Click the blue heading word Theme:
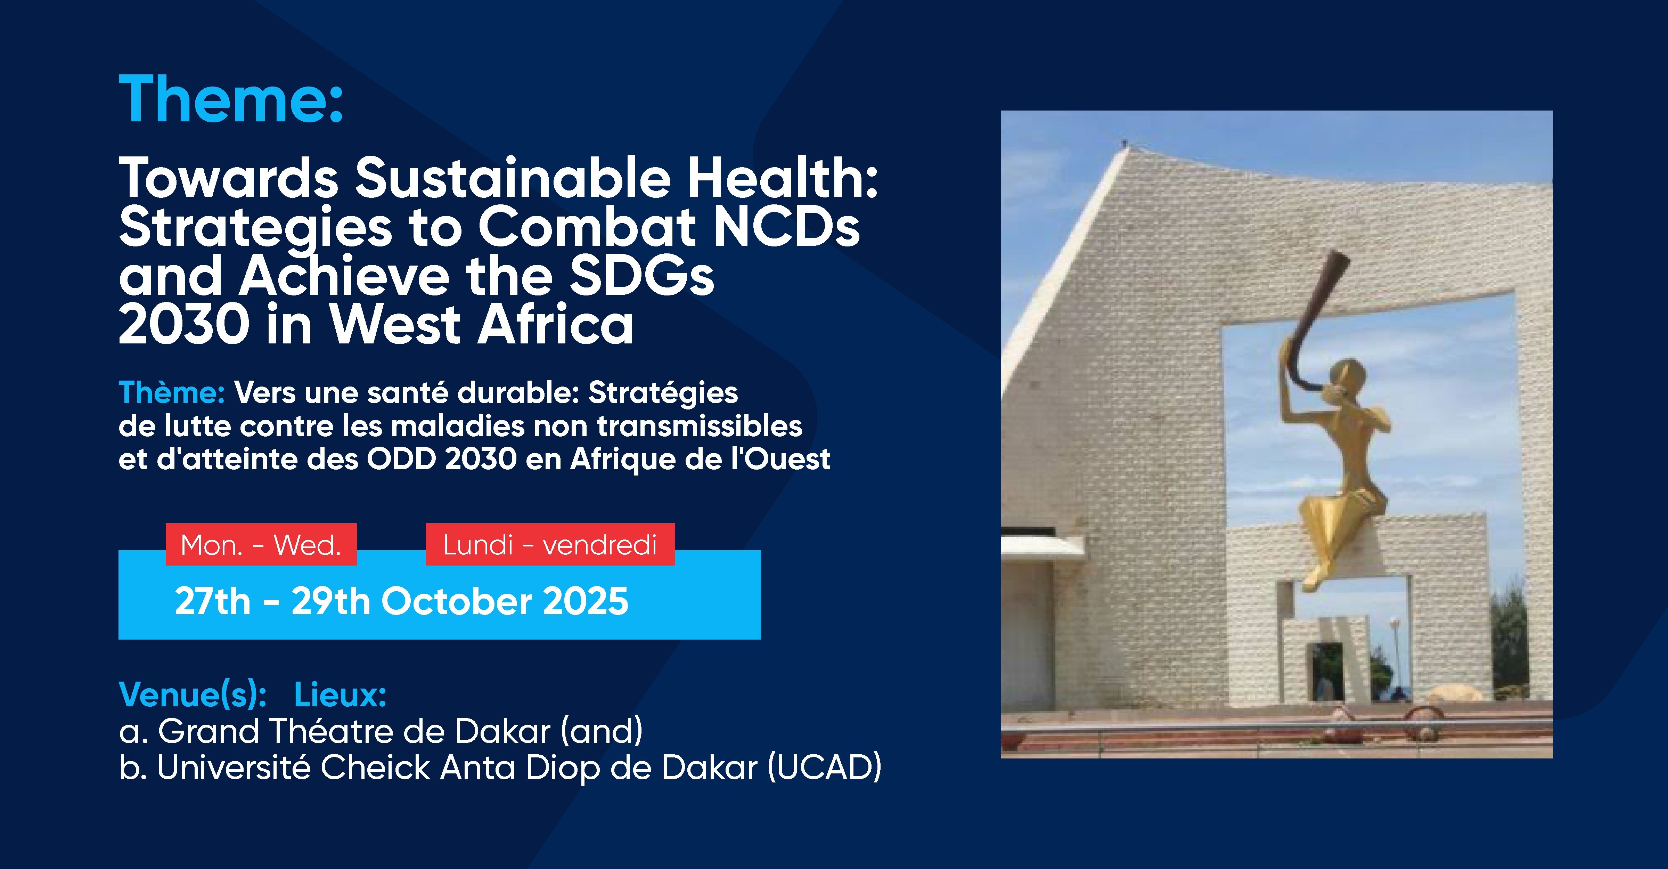point(230,99)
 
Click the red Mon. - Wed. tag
point(261,545)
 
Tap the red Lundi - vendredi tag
point(550,545)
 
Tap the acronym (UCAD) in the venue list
point(824,768)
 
